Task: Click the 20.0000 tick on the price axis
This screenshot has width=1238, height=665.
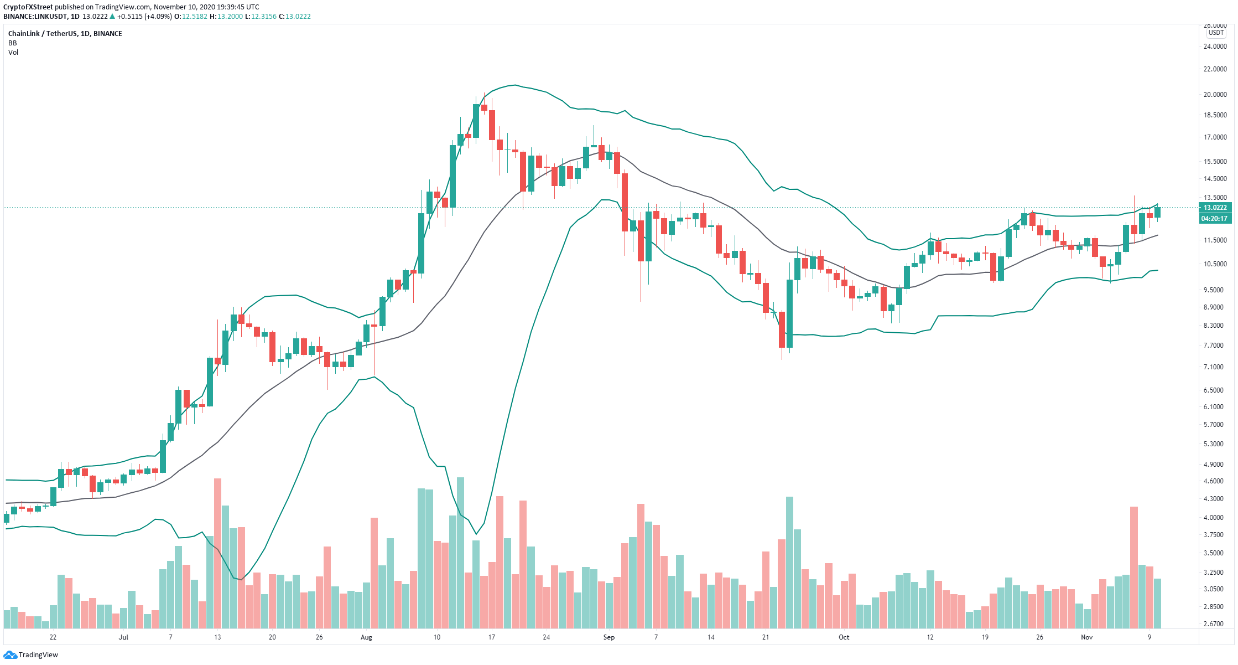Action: click(x=1215, y=95)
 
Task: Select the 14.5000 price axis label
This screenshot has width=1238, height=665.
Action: click(x=1215, y=179)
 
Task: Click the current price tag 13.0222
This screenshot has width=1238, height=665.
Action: click(x=1215, y=208)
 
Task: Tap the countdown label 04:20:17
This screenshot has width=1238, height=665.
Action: click(x=1214, y=219)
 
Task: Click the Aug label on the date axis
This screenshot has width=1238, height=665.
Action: click(x=366, y=637)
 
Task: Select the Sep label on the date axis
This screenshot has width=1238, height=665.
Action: click(x=609, y=637)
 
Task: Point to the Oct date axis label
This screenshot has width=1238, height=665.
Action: click(x=844, y=637)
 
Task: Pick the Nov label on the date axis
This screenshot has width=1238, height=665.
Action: click(x=1087, y=637)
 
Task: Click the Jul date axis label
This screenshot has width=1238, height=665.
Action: click(x=123, y=637)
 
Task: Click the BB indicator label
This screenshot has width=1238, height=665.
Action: click(x=12, y=43)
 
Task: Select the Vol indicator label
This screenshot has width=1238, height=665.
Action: click(x=13, y=53)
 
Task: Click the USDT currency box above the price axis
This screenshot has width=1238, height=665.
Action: click(x=1216, y=33)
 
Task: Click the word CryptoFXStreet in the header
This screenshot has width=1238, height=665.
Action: click(x=28, y=7)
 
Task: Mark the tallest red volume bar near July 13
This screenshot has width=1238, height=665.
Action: click(x=217, y=553)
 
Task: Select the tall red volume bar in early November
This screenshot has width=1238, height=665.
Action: click(x=1134, y=568)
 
